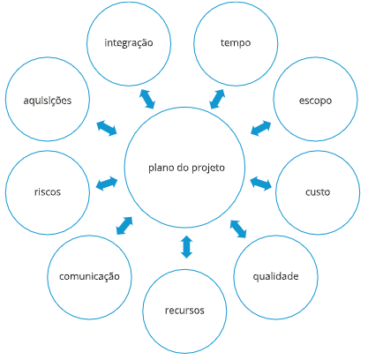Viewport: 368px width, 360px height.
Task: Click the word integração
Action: (x=129, y=43)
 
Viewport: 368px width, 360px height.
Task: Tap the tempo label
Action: (x=236, y=43)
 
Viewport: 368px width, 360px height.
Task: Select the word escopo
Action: (x=315, y=101)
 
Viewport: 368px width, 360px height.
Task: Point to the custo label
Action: (x=318, y=192)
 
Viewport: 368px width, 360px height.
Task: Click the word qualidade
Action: (x=275, y=276)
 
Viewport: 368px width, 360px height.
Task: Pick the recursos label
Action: (x=184, y=311)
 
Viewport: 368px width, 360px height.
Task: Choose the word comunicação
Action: (x=89, y=277)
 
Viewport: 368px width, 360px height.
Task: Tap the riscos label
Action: (x=48, y=192)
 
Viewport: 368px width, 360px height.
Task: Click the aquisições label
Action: (x=48, y=101)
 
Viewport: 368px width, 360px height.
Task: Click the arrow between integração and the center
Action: (x=147, y=99)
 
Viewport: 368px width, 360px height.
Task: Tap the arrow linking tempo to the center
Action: (x=217, y=99)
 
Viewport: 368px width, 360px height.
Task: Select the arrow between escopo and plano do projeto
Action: (x=261, y=128)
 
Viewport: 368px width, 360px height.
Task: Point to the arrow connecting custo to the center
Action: (x=261, y=184)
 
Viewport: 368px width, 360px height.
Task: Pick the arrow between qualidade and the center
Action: (x=238, y=229)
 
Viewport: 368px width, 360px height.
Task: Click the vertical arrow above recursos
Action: (x=186, y=247)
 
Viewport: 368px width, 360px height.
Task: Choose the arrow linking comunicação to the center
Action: (x=124, y=226)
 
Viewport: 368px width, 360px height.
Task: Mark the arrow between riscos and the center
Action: (x=107, y=184)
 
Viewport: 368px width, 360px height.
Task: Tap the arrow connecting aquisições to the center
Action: (x=107, y=128)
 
